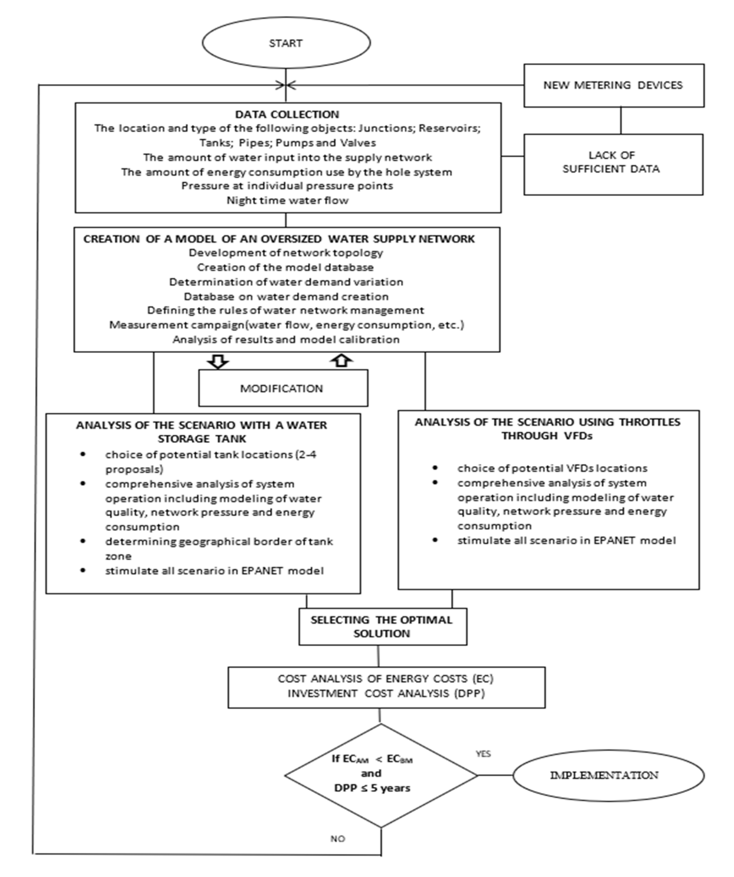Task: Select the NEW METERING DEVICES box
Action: click(x=613, y=85)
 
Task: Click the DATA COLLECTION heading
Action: click(x=287, y=114)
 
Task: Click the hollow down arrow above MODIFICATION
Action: click(x=218, y=361)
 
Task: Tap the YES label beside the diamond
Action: click(x=483, y=754)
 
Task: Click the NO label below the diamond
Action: click(x=338, y=839)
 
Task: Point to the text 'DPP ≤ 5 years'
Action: click(x=372, y=788)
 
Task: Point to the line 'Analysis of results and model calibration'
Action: click(x=286, y=339)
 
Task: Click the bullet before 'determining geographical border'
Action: click(x=83, y=541)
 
